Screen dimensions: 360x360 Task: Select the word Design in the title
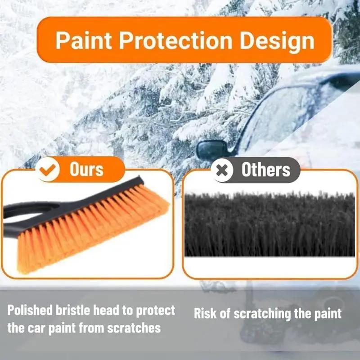[x=276, y=41]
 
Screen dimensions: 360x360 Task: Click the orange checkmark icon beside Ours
[x=49, y=170]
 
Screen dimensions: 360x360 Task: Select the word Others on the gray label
[x=265, y=170]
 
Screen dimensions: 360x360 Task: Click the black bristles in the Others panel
[x=270, y=225]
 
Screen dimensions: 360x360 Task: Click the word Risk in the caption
[x=207, y=314]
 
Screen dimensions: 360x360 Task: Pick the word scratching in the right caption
[x=260, y=314]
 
